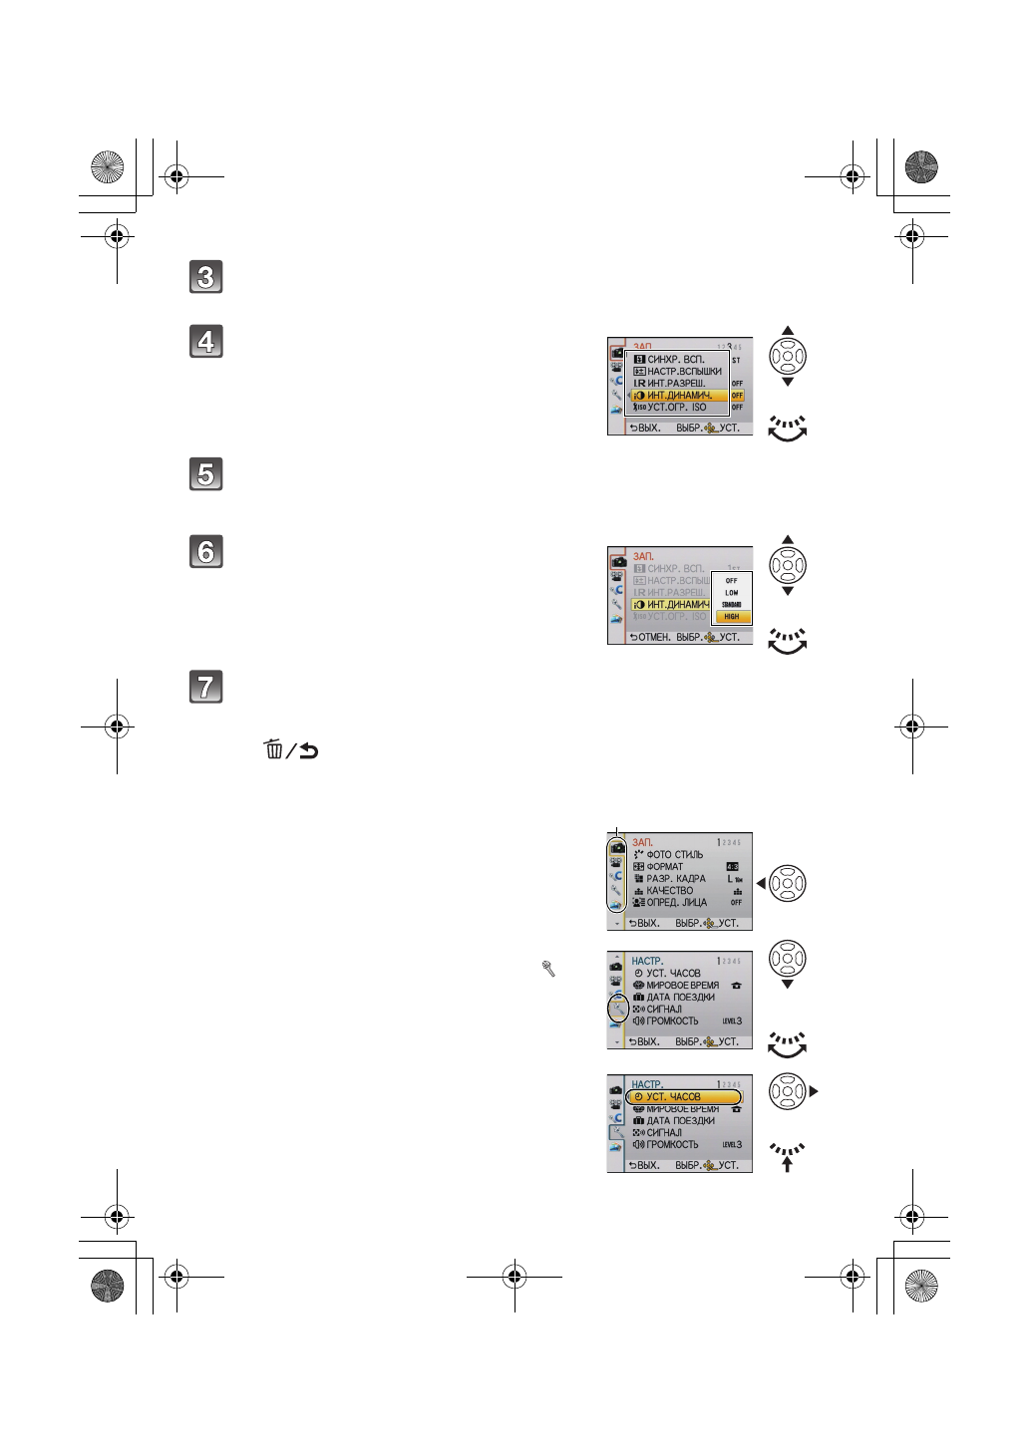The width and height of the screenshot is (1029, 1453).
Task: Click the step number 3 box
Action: coord(206,277)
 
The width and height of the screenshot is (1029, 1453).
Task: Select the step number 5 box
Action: coord(206,474)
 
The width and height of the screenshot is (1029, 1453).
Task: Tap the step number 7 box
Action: coord(206,688)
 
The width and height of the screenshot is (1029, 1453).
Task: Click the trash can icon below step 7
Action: coord(273,750)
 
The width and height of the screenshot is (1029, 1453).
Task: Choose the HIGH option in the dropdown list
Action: coord(732,616)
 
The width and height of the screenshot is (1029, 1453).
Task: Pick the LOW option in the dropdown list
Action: coord(732,592)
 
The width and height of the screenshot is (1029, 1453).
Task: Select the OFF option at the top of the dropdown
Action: coord(732,580)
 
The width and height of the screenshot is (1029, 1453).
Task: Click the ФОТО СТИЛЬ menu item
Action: coord(674,855)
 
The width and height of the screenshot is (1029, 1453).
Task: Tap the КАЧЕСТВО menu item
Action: coord(669,891)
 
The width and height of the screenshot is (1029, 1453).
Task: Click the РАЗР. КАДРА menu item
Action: coord(675,879)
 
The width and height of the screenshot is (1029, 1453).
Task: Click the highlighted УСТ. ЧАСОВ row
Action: coord(684,1097)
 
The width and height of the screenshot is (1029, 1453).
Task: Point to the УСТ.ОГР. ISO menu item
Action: coord(676,408)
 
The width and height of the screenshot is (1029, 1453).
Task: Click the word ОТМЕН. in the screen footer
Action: coord(654,638)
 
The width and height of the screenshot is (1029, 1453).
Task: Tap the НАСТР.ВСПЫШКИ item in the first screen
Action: coord(684,372)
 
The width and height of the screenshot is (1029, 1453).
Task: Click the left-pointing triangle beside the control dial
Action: coord(761,884)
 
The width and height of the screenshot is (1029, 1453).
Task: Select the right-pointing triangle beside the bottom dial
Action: coord(814,1092)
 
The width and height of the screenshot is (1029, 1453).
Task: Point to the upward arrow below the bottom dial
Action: coord(787,1163)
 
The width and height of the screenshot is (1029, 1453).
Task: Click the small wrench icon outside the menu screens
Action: coord(548,968)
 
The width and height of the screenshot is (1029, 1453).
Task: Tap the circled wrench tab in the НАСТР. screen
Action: coord(618,1010)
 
